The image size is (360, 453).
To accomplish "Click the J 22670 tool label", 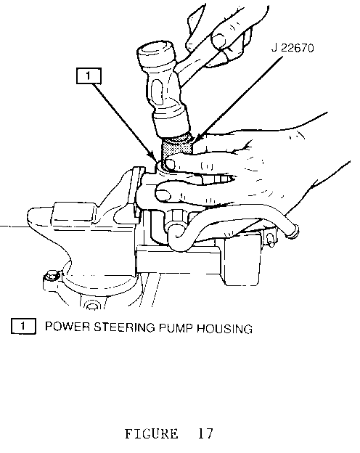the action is pos(292,48).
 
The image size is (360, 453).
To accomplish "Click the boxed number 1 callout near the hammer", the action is pos(89,76).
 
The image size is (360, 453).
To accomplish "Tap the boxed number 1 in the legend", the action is pos(23,326).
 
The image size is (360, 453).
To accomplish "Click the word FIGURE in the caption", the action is pos(152,434).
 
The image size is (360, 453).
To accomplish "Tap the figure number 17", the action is pos(205,433).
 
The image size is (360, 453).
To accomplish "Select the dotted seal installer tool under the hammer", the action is pos(177,149).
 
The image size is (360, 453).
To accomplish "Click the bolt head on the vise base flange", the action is pos(52,276).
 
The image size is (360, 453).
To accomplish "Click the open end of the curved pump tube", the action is pos(293,231).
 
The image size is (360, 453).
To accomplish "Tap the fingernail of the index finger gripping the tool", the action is pos(169,165).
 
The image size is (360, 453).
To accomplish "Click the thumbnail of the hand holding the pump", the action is pos(163,195).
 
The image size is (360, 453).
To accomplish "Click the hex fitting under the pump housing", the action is pos(176,217).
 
